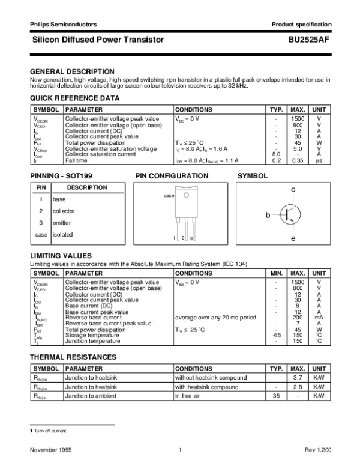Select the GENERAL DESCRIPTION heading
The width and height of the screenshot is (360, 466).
pyautogui.click(x=72, y=71)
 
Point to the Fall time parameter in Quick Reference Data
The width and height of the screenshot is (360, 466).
pyautogui.click(x=77, y=161)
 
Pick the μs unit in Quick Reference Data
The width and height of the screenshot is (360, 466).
pyautogui.click(x=319, y=161)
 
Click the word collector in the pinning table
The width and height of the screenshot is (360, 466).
pyautogui.click(x=64, y=211)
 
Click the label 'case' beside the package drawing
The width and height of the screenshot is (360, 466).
pyautogui.click(x=169, y=196)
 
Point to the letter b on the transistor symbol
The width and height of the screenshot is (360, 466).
pyautogui.click(x=268, y=214)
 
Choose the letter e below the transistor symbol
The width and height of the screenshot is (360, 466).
pyautogui.click(x=293, y=239)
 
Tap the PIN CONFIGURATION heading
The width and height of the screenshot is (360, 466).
pyautogui.click(x=172, y=176)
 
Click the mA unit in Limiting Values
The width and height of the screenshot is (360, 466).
pyautogui.click(x=319, y=318)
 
